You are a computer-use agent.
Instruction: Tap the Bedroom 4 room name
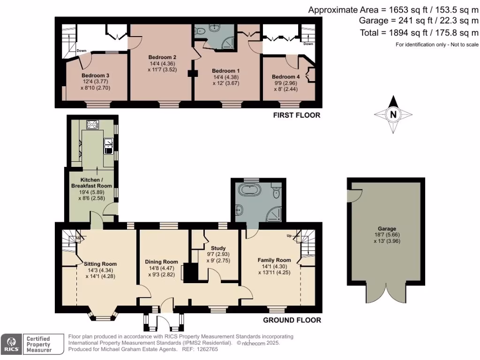click(285, 77)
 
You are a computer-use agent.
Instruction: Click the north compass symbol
click(393, 113)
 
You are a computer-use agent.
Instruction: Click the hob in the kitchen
click(92, 125)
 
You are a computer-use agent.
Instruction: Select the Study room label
click(218, 248)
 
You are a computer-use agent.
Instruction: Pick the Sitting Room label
click(100, 264)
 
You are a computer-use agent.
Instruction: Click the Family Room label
click(274, 260)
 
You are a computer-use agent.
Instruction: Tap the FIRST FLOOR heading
click(297, 115)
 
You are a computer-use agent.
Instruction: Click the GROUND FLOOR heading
click(292, 320)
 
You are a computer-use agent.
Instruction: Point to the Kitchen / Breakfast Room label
click(91, 183)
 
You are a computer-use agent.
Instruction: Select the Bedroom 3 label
click(95, 75)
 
